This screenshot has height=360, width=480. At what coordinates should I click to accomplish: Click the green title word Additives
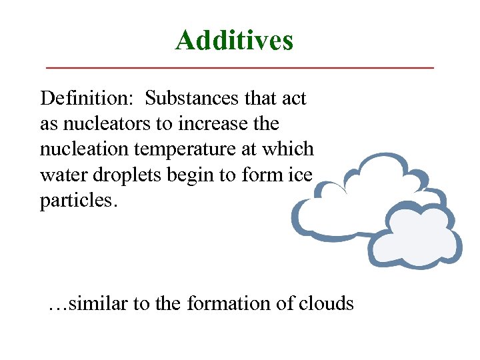[234, 41]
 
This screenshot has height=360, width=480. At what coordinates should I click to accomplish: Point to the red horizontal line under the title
[239, 68]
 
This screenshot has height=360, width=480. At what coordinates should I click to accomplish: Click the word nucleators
[103, 124]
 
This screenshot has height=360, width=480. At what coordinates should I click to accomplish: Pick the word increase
[217, 124]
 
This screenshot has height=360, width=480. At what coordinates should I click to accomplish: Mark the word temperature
[187, 149]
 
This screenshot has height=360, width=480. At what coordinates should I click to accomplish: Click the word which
[290, 149]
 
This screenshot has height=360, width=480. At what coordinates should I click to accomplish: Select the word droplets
[119, 175]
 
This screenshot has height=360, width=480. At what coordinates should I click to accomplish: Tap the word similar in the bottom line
[98, 304]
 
